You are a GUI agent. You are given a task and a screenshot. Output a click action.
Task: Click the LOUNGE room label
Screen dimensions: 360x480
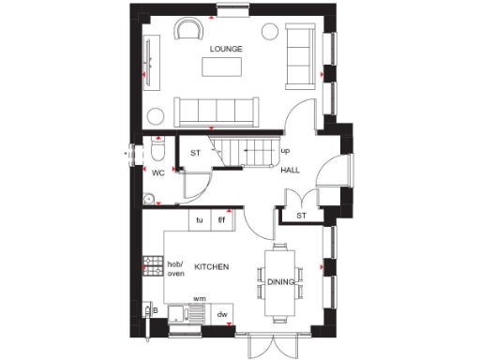(x=226, y=49)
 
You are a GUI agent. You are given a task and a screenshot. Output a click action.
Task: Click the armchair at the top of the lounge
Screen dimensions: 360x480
(x=190, y=29)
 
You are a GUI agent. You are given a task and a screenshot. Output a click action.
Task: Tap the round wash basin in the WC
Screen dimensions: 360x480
(x=148, y=198)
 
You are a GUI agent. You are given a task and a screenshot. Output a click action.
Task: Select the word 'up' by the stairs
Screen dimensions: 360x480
(x=285, y=151)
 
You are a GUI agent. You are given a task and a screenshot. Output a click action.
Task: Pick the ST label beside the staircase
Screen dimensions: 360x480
(x=197, y=153)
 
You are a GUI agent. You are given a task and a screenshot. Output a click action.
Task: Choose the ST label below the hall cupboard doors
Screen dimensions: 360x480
(x=302, y=217)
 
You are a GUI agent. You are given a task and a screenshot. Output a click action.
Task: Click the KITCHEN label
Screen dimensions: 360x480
(x=212, y=267)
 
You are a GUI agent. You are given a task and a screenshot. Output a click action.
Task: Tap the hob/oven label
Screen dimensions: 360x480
(x=176, y=268)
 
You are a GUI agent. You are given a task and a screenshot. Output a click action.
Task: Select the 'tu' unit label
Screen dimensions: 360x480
(x=199, y=221)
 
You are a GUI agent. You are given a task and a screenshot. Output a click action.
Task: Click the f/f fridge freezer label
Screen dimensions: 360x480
(x=222, y=221)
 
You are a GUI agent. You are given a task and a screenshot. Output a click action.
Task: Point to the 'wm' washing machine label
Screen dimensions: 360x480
(x=199, y=299)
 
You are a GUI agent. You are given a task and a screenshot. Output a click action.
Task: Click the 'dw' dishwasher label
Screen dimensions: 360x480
(x=222, y=316)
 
